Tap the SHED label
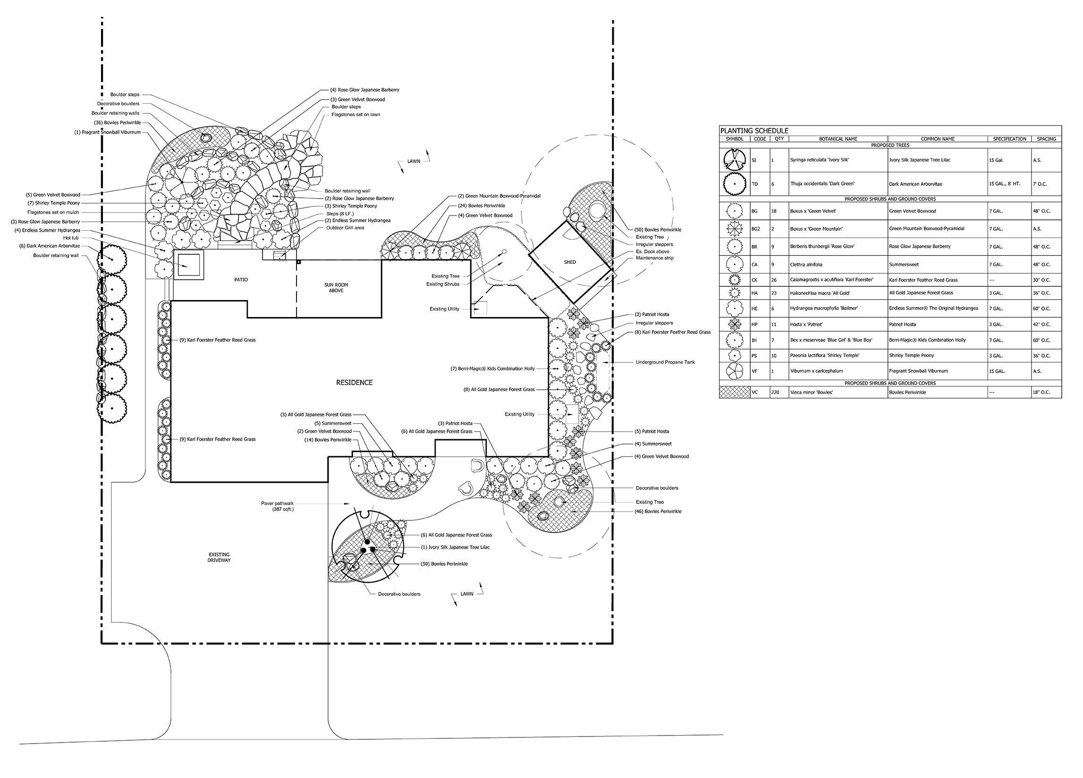point(570,262)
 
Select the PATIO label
point(241,280)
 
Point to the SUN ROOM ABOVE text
point(336,288)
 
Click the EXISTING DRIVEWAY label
point(219,558)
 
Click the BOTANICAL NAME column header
point(838,139)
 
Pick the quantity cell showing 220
point(775,393)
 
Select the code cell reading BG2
point(755,229)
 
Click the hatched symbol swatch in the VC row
point(735,393)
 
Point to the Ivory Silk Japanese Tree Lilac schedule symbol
point(735,160)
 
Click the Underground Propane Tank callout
point(665,362)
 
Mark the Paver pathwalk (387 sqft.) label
point(278,506)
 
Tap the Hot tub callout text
point(71,238)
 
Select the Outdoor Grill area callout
point(345,228)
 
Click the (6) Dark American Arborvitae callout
point(50,246)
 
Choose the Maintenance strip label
point(655,258)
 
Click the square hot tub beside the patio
point(189,264)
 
